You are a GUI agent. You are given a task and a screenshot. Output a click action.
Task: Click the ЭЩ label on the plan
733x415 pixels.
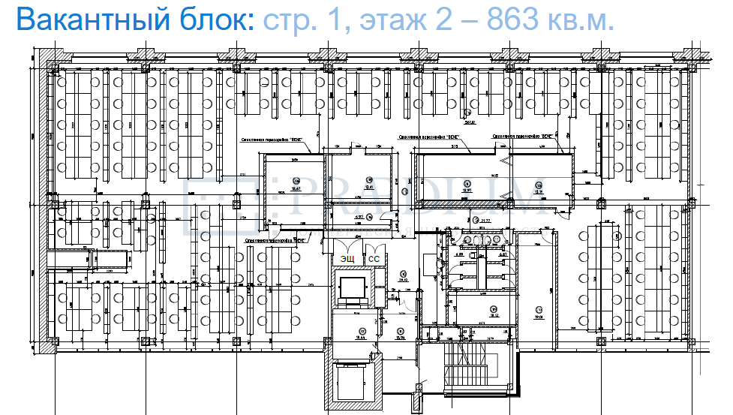click(348, 259)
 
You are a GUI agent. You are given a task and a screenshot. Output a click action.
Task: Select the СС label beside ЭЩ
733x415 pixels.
click(373, 259)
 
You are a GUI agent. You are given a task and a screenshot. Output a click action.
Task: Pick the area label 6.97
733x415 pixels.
click(358, 217)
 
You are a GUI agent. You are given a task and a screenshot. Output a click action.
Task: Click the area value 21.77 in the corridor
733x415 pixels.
click(484, 221)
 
